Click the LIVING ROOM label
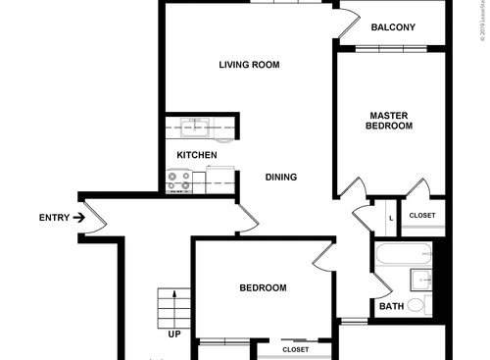(249, 66)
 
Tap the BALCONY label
(392, 27)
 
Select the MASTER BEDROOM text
(389, 121)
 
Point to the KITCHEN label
(196, 156)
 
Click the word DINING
(281, 178)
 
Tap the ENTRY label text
(53, 218)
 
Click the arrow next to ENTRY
(78, 218)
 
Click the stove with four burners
(178, 180)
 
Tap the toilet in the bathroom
(416, 305)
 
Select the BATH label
(391, 307)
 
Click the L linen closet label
(391, 217)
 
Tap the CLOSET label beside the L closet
(422, 216)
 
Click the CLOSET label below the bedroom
(295, 350)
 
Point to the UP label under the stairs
(174, 334)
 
